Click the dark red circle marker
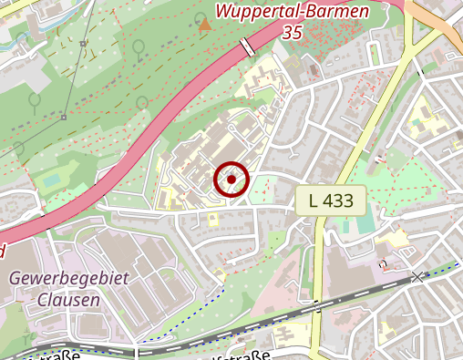tap(231, 180)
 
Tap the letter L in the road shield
tap(314, 200)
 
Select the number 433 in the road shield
tap(338, 200)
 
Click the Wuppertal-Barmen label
tap(292, 12)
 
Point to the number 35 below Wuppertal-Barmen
tap(292, 32)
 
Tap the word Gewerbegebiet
tap(68, 278)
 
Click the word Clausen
tap(68, 298)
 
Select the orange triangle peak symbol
tap(204, 25)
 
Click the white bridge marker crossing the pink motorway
tap(247, 47)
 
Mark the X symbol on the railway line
tap(417, 276)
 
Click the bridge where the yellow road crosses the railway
tap(317, 307)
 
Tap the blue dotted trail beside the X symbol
tap(442, 270)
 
